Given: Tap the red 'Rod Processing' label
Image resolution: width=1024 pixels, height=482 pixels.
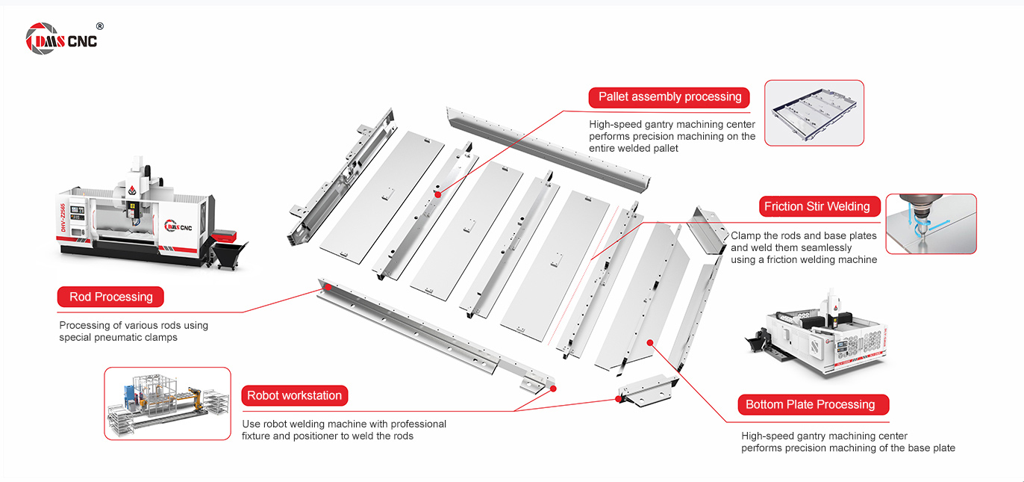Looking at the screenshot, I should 110,297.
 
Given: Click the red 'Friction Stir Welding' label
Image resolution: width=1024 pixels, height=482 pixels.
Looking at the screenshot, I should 817,206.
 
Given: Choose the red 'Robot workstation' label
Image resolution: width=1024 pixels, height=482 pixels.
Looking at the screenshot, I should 294,395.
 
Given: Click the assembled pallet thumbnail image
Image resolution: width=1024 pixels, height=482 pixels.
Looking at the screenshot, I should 814,113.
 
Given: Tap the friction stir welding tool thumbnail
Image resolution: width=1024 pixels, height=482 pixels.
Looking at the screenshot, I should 931,224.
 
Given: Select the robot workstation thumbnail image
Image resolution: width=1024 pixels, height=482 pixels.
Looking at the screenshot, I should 167,403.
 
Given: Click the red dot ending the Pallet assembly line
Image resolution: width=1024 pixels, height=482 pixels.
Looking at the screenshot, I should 437,194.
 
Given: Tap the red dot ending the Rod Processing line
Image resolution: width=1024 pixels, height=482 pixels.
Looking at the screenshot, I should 326,287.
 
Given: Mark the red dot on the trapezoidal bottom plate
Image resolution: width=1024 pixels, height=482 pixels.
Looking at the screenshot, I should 650,342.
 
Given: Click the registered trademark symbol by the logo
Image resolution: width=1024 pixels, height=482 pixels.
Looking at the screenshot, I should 100,26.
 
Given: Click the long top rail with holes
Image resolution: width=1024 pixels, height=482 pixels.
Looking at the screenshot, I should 548,146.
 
